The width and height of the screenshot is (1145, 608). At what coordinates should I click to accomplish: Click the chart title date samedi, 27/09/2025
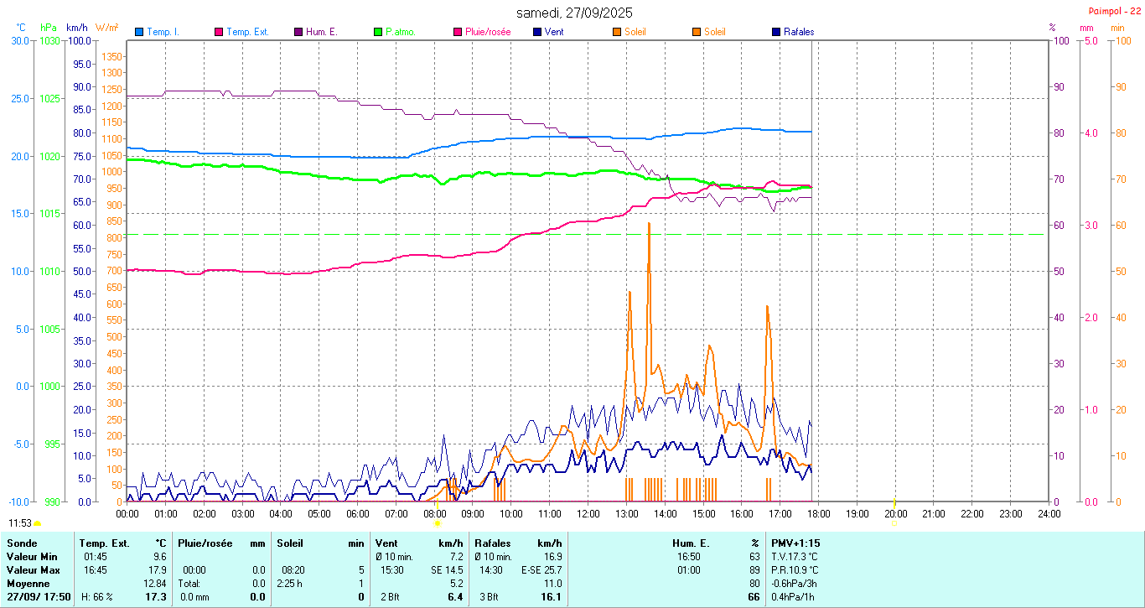point(574,13)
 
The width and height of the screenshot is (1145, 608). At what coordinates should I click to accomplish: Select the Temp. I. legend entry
point(163,32)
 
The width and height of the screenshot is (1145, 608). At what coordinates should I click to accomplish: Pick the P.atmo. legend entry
point(401,32)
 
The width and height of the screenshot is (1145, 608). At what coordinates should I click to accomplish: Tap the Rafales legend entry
point(798,32)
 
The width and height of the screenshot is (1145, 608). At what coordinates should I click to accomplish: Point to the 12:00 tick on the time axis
point(588,513)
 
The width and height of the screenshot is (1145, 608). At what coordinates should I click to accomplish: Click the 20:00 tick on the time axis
point(895,513)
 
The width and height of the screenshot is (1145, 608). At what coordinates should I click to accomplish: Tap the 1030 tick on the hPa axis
point(49,40)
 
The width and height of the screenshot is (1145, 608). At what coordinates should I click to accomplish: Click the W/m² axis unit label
point(106,27)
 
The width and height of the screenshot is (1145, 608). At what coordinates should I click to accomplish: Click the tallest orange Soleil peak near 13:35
point(649,225)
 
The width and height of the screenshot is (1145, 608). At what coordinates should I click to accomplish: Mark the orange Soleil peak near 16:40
point(767,307)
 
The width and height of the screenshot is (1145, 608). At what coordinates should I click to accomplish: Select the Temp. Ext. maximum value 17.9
point(159,570)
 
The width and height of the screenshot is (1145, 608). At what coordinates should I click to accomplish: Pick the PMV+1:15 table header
point(795,543)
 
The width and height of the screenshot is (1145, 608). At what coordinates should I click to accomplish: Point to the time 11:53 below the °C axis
point(20,523)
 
